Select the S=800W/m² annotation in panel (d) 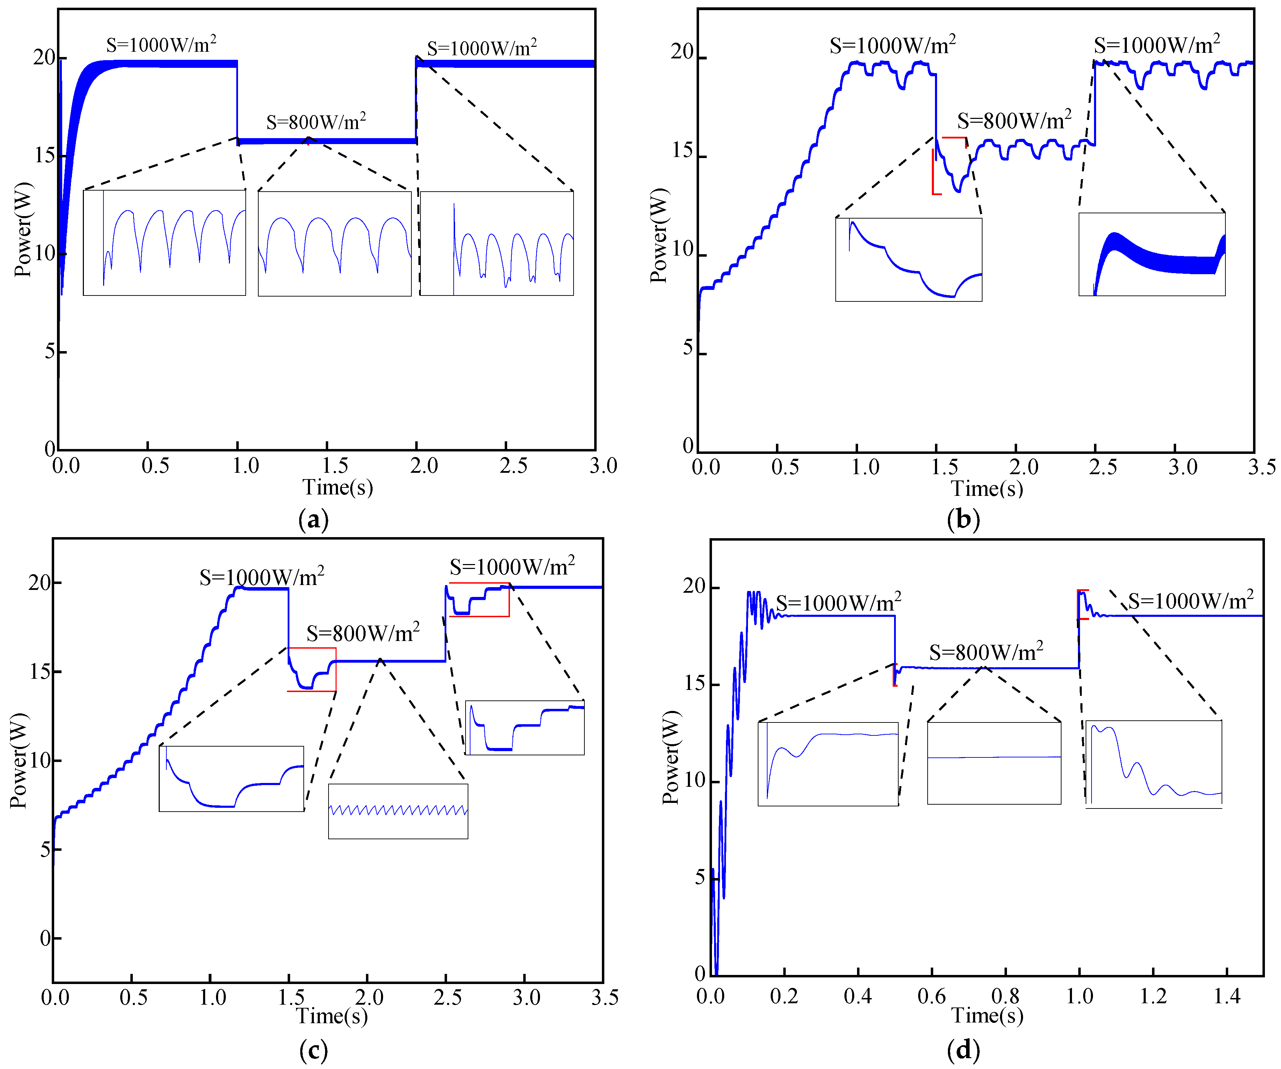986,652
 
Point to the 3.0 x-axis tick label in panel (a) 603,466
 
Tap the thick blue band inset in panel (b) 1152,255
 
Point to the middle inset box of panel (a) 334,243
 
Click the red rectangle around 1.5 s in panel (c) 312,669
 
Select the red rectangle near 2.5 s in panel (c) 479,599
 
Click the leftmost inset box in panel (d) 828,763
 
